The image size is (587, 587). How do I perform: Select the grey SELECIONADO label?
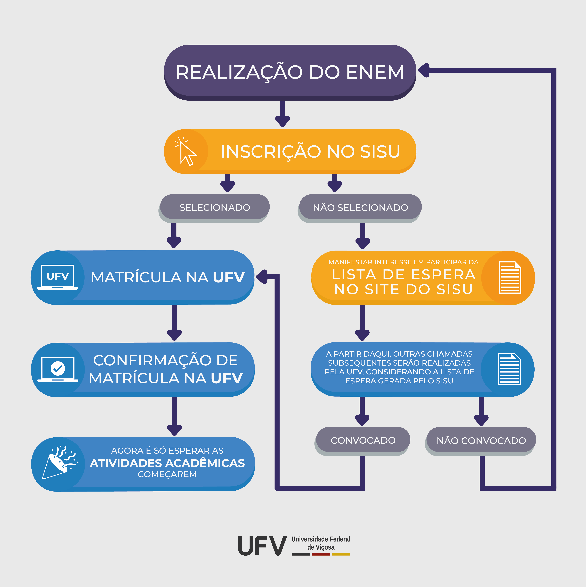pos(214,207)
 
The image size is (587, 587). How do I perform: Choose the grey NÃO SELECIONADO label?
pos(360,207)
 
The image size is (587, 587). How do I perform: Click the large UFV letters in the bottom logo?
pos(262,546)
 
